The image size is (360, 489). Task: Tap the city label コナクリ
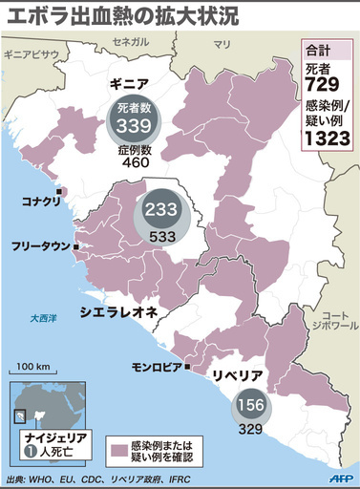coord(40,202)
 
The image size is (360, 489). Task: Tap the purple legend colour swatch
coord(118,447)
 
